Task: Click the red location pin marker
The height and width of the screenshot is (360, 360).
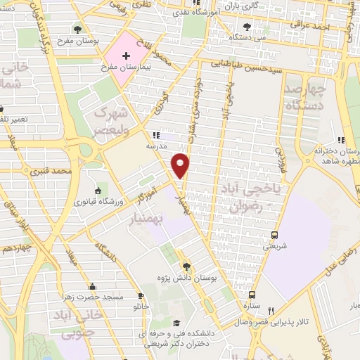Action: coord(181,165)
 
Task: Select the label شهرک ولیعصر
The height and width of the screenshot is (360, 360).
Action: coord(113,124)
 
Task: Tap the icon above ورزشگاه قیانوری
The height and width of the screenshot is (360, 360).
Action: coord(97,191)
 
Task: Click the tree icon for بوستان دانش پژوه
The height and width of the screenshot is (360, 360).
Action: coord(186,266)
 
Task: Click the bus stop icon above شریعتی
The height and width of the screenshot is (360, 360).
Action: coord(274,235)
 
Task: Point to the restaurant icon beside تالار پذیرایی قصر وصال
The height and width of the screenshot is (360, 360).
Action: coord(270,311)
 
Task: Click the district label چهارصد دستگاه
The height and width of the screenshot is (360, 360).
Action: coord(307,98)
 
